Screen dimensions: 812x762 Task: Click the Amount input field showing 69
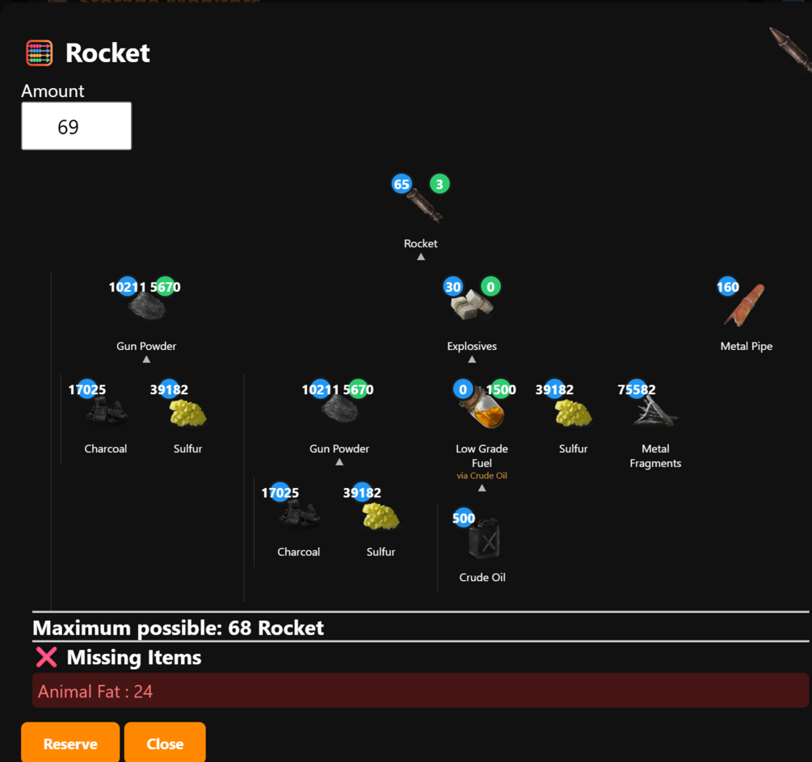(x=76, y=126)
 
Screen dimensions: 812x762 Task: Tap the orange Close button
(x=165, y=743)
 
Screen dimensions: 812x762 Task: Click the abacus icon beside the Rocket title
(x=40, y=53)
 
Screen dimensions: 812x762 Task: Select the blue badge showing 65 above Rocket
(x=402, y=184)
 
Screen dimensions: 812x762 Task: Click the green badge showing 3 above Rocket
(x=440, y=184)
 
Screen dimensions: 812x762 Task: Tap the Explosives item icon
(x=472, y=305)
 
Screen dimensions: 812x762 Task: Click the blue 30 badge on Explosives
(x=453, y=287)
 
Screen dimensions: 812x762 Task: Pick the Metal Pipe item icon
(x=744, y=305)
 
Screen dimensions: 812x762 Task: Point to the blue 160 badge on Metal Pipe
(x=728, y=287)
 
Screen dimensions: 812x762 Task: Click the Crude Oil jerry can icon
(x=484, y=539)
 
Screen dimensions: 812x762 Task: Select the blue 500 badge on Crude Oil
(x=464, y=518)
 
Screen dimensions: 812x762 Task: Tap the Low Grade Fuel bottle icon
(x=482, y=409)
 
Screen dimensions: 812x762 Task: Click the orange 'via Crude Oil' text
(x=482, y=475)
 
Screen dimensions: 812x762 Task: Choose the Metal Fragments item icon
(x=655, y=412)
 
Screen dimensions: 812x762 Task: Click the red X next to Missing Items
(x=46, y=657)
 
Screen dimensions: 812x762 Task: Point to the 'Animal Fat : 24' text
(x=95, y=692)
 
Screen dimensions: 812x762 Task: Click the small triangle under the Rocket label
(x=421, y=257)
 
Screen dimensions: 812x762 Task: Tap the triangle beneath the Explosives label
(x=472, y=360)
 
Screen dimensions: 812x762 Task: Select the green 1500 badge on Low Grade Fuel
(x=501, y=389)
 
